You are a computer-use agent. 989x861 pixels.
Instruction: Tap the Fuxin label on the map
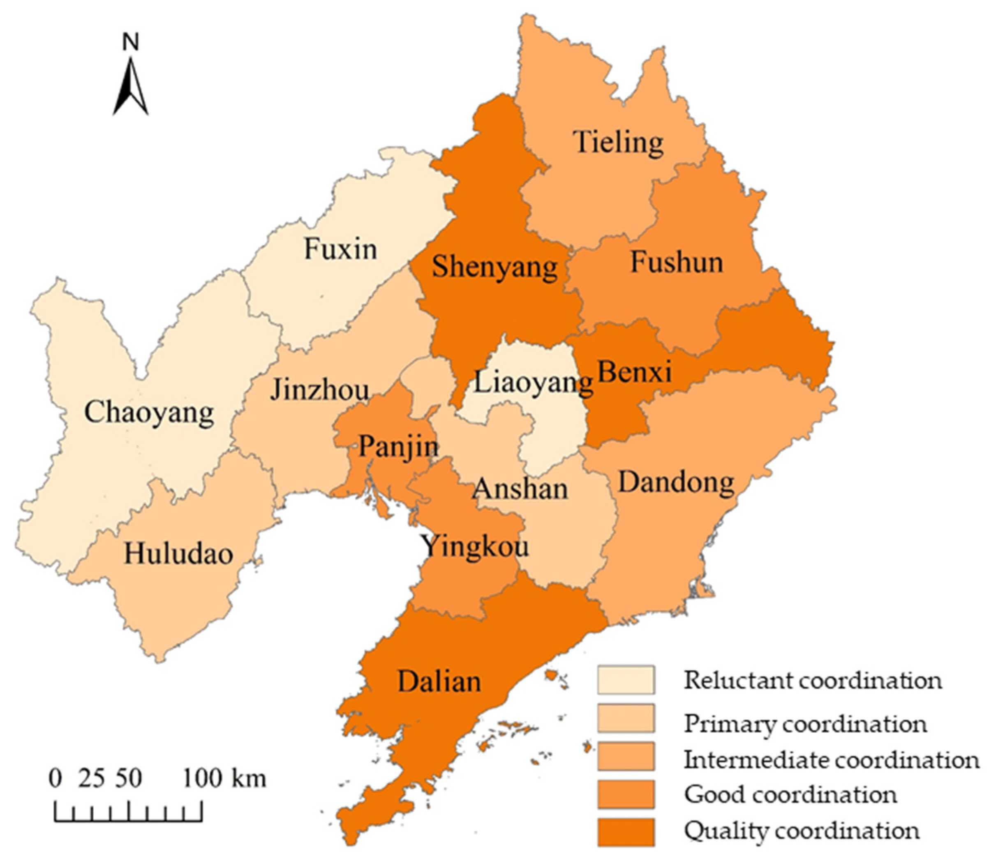coord(340,250)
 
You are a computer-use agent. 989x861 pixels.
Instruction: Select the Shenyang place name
coord(494,267)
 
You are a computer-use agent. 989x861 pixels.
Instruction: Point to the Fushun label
coord(676,262)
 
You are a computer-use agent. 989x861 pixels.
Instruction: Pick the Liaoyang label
coord(533,383)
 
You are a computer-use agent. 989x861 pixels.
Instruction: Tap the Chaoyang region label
coord(149,413)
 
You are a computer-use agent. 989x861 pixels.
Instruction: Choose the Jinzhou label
coord(319,390)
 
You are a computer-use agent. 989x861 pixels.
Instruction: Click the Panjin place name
coord(398,447)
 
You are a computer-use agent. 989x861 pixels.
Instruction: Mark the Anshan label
coord(520,489)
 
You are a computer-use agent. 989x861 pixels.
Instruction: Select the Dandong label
coord(676,482)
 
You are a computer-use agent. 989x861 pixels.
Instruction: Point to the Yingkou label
coord(475,547)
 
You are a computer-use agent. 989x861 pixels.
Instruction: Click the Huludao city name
coord(179,554)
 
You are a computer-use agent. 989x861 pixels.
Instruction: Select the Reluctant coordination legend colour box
coord(626,680)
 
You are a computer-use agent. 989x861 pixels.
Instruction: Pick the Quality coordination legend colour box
coord(626,832)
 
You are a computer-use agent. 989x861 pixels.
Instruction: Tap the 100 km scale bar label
coord(224,778)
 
